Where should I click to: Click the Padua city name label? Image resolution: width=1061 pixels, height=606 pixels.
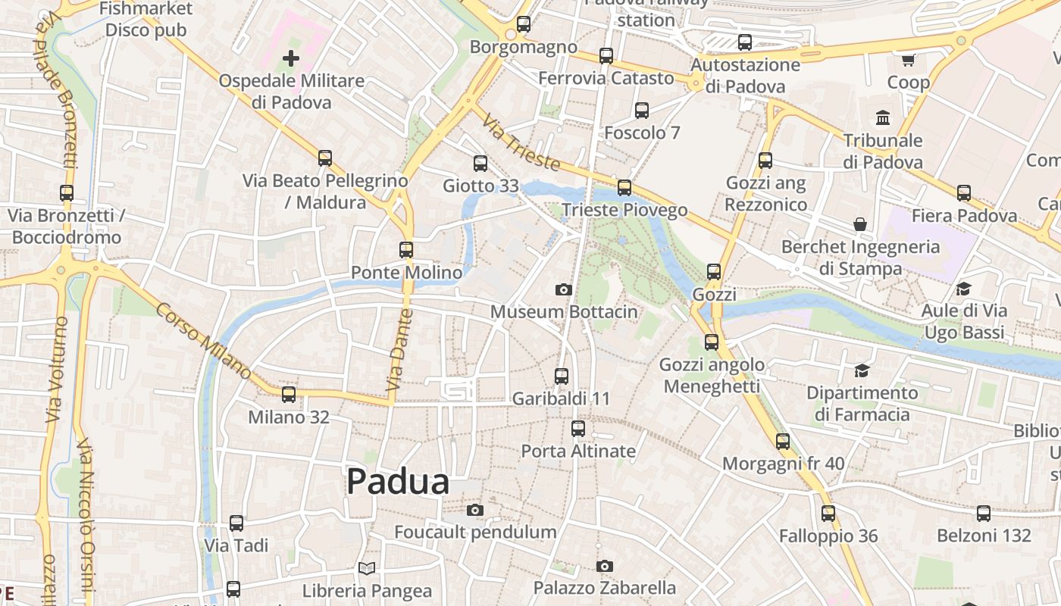(x=398, y=482)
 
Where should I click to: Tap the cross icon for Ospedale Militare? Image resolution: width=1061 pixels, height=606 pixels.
(x=291, y=58)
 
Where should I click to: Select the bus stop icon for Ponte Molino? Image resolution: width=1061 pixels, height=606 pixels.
(x=406, y=249)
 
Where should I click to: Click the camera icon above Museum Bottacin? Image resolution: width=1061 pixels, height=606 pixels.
(x=563, y=289)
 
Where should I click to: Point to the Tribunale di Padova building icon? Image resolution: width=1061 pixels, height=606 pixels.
(x=883, y=117)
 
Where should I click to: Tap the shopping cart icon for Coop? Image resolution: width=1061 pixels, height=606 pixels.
(x=908, y=59)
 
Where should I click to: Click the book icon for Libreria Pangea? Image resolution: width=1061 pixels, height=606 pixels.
(x=367, y=568)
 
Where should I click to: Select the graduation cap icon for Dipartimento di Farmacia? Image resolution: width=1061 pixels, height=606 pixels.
(x=862, y=370)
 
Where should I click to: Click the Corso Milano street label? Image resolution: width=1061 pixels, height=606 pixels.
(x=203, y=341)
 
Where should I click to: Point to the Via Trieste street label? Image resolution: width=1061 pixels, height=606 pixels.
(x=522, y=143)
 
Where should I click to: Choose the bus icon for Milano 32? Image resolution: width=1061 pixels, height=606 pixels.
(x=289, y=395)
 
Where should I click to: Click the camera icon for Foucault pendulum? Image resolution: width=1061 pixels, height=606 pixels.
(x=475, y=510)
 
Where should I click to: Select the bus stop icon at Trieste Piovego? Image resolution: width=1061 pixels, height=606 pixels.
(x=624, y=187)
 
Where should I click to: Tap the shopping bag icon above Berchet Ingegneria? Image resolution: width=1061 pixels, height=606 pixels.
(x=860, y=224)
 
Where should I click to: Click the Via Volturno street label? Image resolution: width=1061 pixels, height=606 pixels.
(x=56, y=370)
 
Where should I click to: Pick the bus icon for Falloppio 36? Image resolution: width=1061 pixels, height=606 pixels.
(x=828, y=514)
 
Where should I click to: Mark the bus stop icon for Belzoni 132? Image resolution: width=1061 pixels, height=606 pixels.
(x=984, y=514)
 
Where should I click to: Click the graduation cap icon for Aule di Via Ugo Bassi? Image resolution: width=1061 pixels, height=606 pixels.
(x=964, y=289)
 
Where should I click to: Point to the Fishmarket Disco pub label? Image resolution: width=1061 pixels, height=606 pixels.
(x=146, y=20)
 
